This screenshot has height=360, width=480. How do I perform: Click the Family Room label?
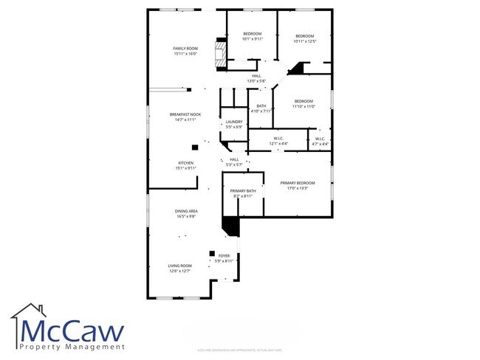(185, 51)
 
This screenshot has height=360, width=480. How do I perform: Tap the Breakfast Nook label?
(185, 117)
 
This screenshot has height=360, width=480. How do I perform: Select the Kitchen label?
(185, 165)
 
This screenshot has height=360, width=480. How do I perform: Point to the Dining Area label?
(185, 214)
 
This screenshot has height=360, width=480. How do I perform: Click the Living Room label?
(180, 269)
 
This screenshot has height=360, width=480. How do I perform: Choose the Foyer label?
(224, 258)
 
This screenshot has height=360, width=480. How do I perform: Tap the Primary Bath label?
(244, 194)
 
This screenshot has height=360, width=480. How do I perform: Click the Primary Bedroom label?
(296, 185)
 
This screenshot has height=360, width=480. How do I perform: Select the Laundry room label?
(234, 124)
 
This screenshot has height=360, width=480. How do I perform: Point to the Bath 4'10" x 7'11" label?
(261, 108)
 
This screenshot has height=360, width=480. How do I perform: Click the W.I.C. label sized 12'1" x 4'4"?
(278, 140)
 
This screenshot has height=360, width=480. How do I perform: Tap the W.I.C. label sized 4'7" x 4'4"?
(320, 140)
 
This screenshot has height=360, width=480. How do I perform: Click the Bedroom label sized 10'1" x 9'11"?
(253, 36)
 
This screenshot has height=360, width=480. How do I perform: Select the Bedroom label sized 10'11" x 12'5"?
(304, 38)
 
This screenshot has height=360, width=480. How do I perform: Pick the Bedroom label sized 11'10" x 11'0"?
(304, 103)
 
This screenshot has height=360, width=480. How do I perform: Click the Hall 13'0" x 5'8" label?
(256, 77)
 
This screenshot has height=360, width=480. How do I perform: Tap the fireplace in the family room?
(219, 54)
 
